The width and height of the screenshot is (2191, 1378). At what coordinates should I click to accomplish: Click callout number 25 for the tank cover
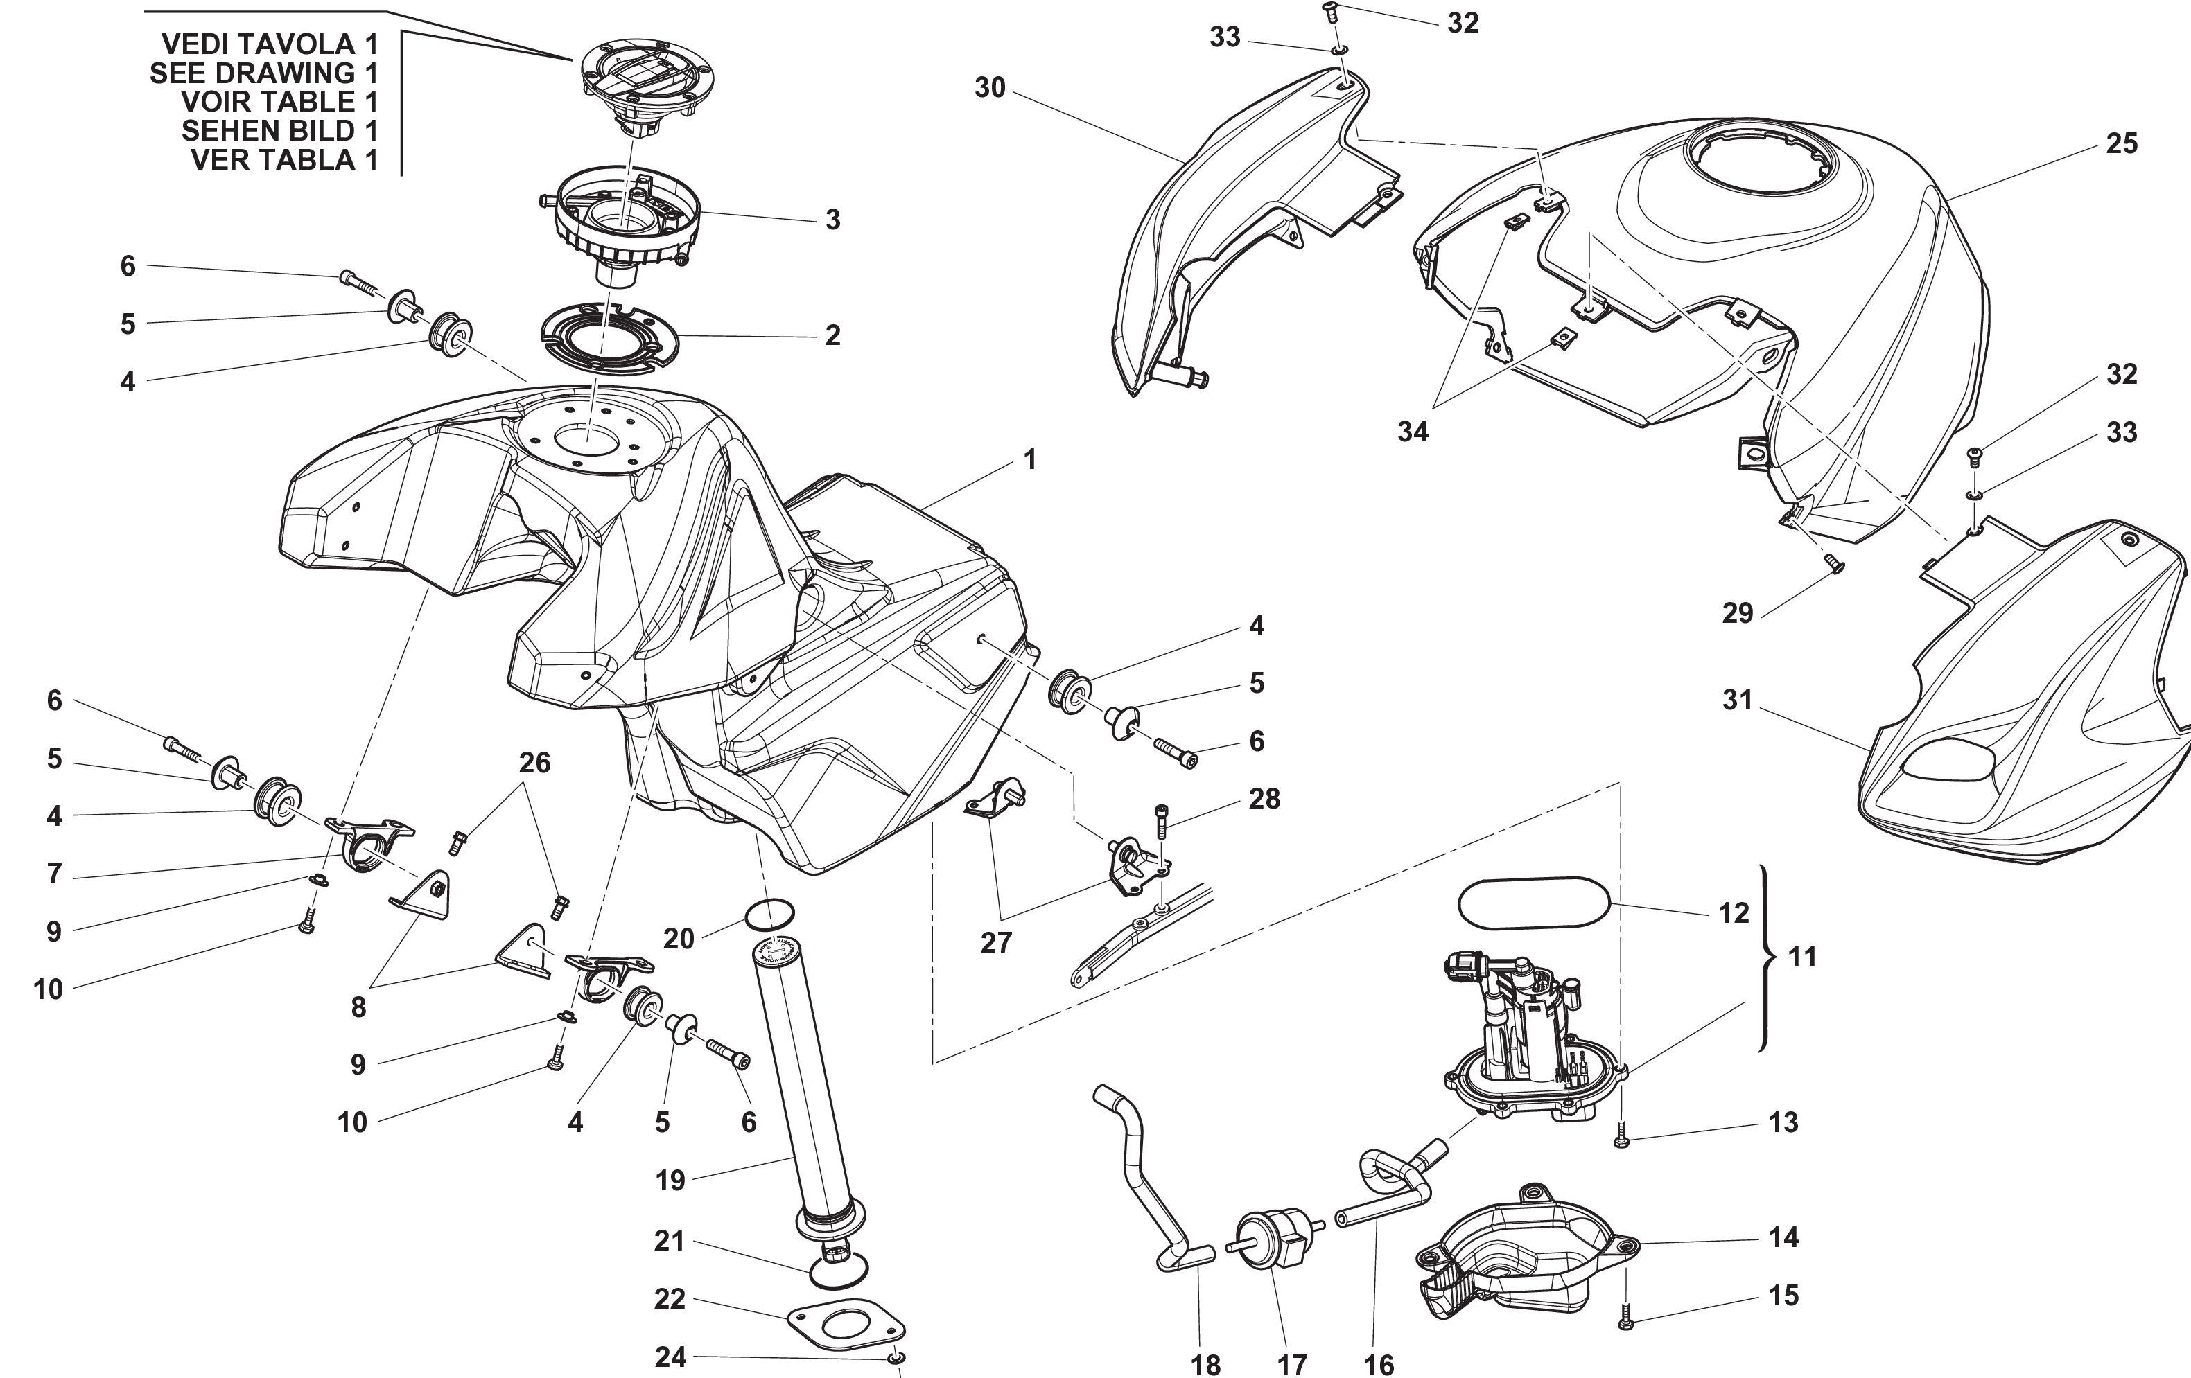(x=2121, y=143)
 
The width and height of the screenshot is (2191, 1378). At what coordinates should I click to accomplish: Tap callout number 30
(x=990, y=87)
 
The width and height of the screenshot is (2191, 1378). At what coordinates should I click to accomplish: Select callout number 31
(x=1737, y=700)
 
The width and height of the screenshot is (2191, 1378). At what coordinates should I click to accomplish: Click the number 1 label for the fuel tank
(x=1029, y=460)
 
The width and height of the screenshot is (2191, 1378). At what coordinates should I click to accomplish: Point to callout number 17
(x=1292, y=1364)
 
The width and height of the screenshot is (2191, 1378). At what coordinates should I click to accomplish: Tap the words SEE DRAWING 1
(x=264, y=73)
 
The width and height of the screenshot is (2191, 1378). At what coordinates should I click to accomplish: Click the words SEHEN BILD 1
(x=279, y=131)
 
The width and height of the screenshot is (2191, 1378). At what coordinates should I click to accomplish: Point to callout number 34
(x=1413, y=432)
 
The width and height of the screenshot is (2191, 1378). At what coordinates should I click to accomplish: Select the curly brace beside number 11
(x=1766, y=957)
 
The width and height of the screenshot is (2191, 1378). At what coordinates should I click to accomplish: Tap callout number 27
(x=996, y=942)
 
